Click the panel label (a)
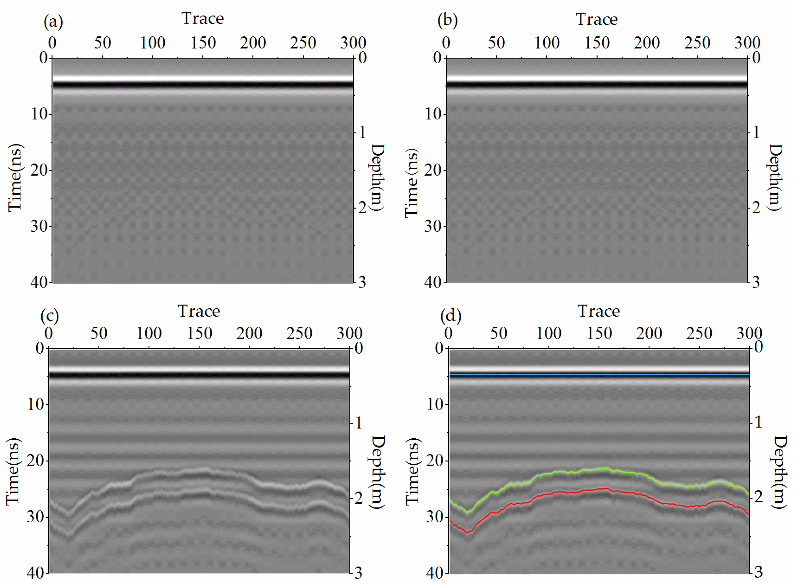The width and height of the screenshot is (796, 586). click(x=53, y=22)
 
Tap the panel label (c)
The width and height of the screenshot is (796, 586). click(x=49, y=315)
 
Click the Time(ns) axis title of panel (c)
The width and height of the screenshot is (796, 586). click(x=13, y=471)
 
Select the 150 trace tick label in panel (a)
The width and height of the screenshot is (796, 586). click(x=203, y=43)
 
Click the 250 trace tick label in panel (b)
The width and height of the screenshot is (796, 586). click(x=697, y=43)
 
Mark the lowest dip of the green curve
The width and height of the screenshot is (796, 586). click(x=467, y=512)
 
